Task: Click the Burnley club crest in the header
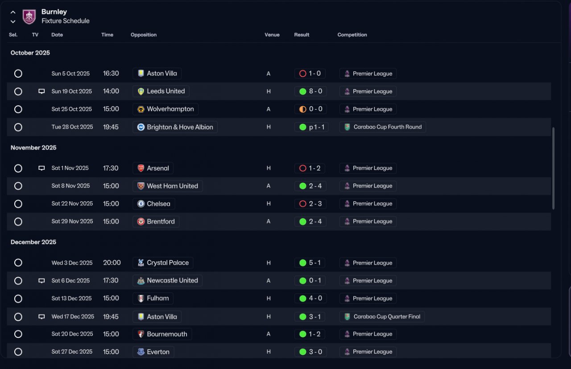click(x=29, y=16)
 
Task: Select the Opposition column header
click(x=144, y=35)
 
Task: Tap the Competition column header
click(x=352, y=35)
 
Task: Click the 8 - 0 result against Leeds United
click(x=315, y=91)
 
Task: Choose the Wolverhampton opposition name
click(x=170, y=109)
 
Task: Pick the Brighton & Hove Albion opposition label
click(x=180, y=127)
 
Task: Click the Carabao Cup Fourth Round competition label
click(x=388, y=127)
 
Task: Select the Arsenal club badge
click(x=141, y=168)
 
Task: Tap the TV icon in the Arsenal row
click(x=41, y=168)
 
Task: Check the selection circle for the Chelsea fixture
click(x=18, y=204)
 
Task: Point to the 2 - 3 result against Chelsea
click(x=315, y=204)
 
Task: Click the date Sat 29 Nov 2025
click(x=72, y=221)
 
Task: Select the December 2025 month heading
click(x=33, y=242)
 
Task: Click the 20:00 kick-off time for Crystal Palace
click(x=112, y=262)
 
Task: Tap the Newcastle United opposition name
click(x=172, y=280)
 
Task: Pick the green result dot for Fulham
click(x=302, y=299)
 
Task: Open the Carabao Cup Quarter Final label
click(x=387, y=316)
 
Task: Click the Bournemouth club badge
click(x=141, y=334)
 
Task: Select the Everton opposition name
click(x=158, y=352)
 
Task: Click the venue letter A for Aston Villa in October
click(x=269, y=74)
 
